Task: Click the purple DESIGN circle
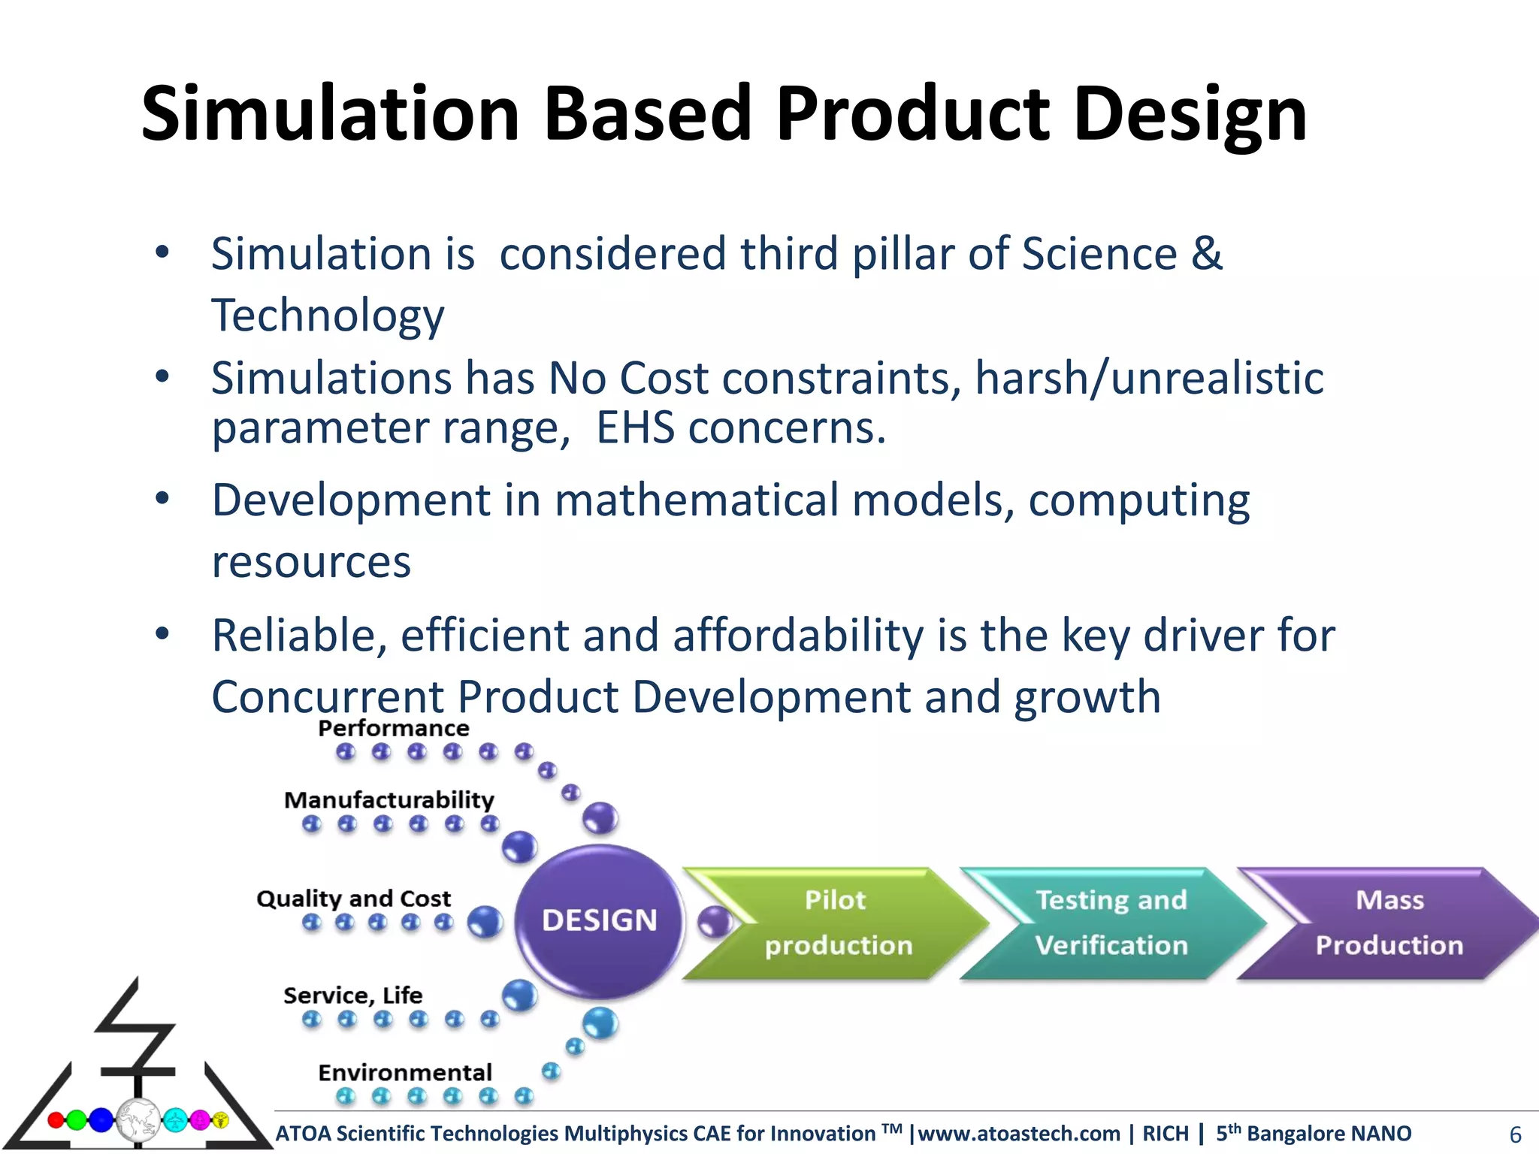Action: tap(599, 920)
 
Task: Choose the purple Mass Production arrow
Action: tap(1389, 923)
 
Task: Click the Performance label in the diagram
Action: tap(394, 728)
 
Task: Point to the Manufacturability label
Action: tap(389, 799)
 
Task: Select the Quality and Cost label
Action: tap(354, 899)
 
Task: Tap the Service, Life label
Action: tap(353, 995)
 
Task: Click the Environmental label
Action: tap(405, 1072)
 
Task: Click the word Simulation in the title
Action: tap(331, 114)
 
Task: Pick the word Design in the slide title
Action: tap(1190, 114)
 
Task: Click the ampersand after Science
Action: tap(1207, 253)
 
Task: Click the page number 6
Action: tap(1515, 1134)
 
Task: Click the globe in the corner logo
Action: tap(138, 1119)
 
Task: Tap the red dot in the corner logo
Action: tap(56, 1120)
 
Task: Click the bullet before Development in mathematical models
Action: tap(162, 499)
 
